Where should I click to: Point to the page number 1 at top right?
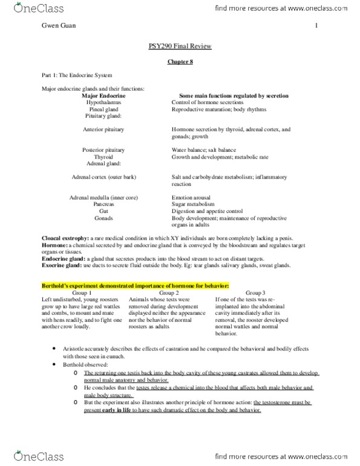(x=316, y=26)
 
